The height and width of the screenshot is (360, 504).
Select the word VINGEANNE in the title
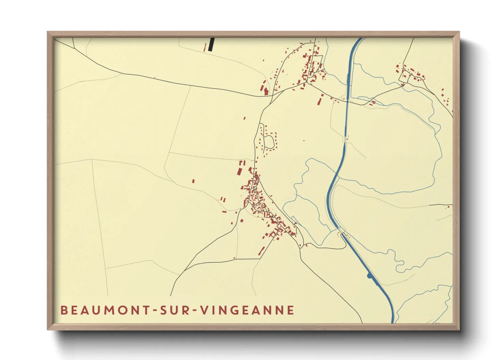[247, 310]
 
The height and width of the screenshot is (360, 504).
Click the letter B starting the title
[64, 310]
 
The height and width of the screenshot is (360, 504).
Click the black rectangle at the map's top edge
[211, 44]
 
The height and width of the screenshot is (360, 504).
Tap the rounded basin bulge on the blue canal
[369, 276]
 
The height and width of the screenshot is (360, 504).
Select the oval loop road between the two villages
[269, 142]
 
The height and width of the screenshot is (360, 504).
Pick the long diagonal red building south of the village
[262, 251]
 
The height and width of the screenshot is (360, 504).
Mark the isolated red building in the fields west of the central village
[193, 181]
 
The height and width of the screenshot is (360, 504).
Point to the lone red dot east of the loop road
[304, 140]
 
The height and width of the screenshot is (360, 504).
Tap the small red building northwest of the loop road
[245, 118]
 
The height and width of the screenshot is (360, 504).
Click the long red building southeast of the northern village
[320, 100]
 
